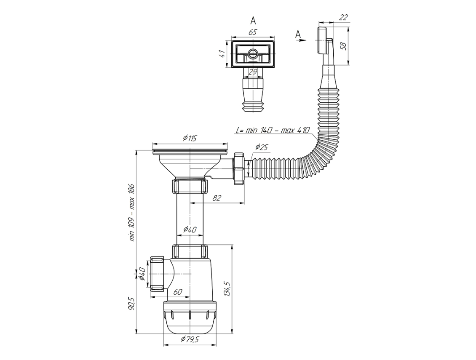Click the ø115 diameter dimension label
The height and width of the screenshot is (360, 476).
190,138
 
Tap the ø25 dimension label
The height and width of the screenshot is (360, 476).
261,147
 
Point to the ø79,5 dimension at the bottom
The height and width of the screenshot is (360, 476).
190,339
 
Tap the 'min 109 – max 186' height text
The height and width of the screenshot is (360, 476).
132,212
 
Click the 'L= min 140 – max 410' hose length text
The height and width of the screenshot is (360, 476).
273,130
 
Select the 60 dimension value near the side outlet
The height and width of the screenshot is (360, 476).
178,292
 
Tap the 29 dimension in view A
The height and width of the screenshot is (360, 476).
253,72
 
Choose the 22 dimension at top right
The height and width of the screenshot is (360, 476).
343,17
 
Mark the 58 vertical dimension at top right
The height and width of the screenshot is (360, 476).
343,46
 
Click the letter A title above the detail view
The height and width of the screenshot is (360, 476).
253,21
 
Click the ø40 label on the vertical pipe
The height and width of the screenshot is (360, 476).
190,230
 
